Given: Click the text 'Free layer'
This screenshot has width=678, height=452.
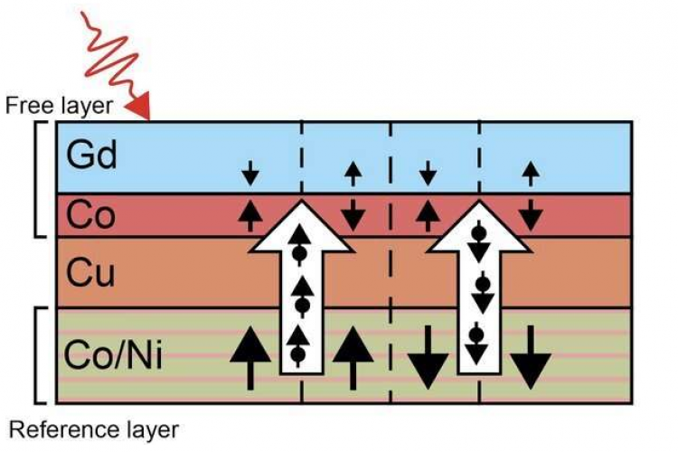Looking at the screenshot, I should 60,106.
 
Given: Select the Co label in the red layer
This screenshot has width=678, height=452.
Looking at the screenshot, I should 90,215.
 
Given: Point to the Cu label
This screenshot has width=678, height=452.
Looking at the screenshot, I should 91,272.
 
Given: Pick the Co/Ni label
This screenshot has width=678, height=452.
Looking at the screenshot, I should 114,354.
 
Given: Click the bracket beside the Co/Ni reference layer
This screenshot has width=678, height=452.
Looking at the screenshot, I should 38,354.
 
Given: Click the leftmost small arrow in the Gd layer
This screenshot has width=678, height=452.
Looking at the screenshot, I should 250,171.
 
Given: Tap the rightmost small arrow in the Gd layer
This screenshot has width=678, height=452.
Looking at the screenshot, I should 532,171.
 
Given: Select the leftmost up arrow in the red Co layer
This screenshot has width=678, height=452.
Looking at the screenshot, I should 250,215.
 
